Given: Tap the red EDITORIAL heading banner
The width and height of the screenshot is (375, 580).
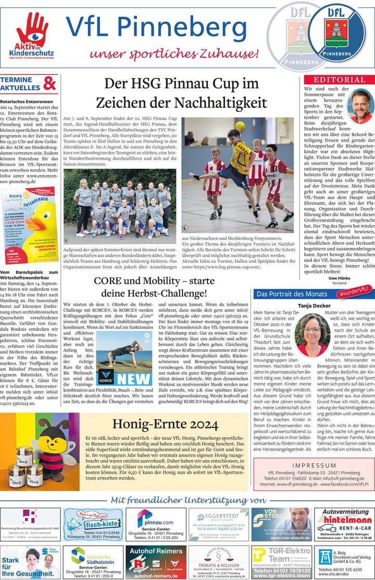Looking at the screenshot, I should click(x=339, y=80).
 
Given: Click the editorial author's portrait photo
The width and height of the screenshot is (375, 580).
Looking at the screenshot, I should click(x=360, y=106).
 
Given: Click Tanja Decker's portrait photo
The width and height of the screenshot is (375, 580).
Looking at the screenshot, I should click(x=312, y=335).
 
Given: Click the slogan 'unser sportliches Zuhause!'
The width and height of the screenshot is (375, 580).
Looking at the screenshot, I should click(x=174, y=54).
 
